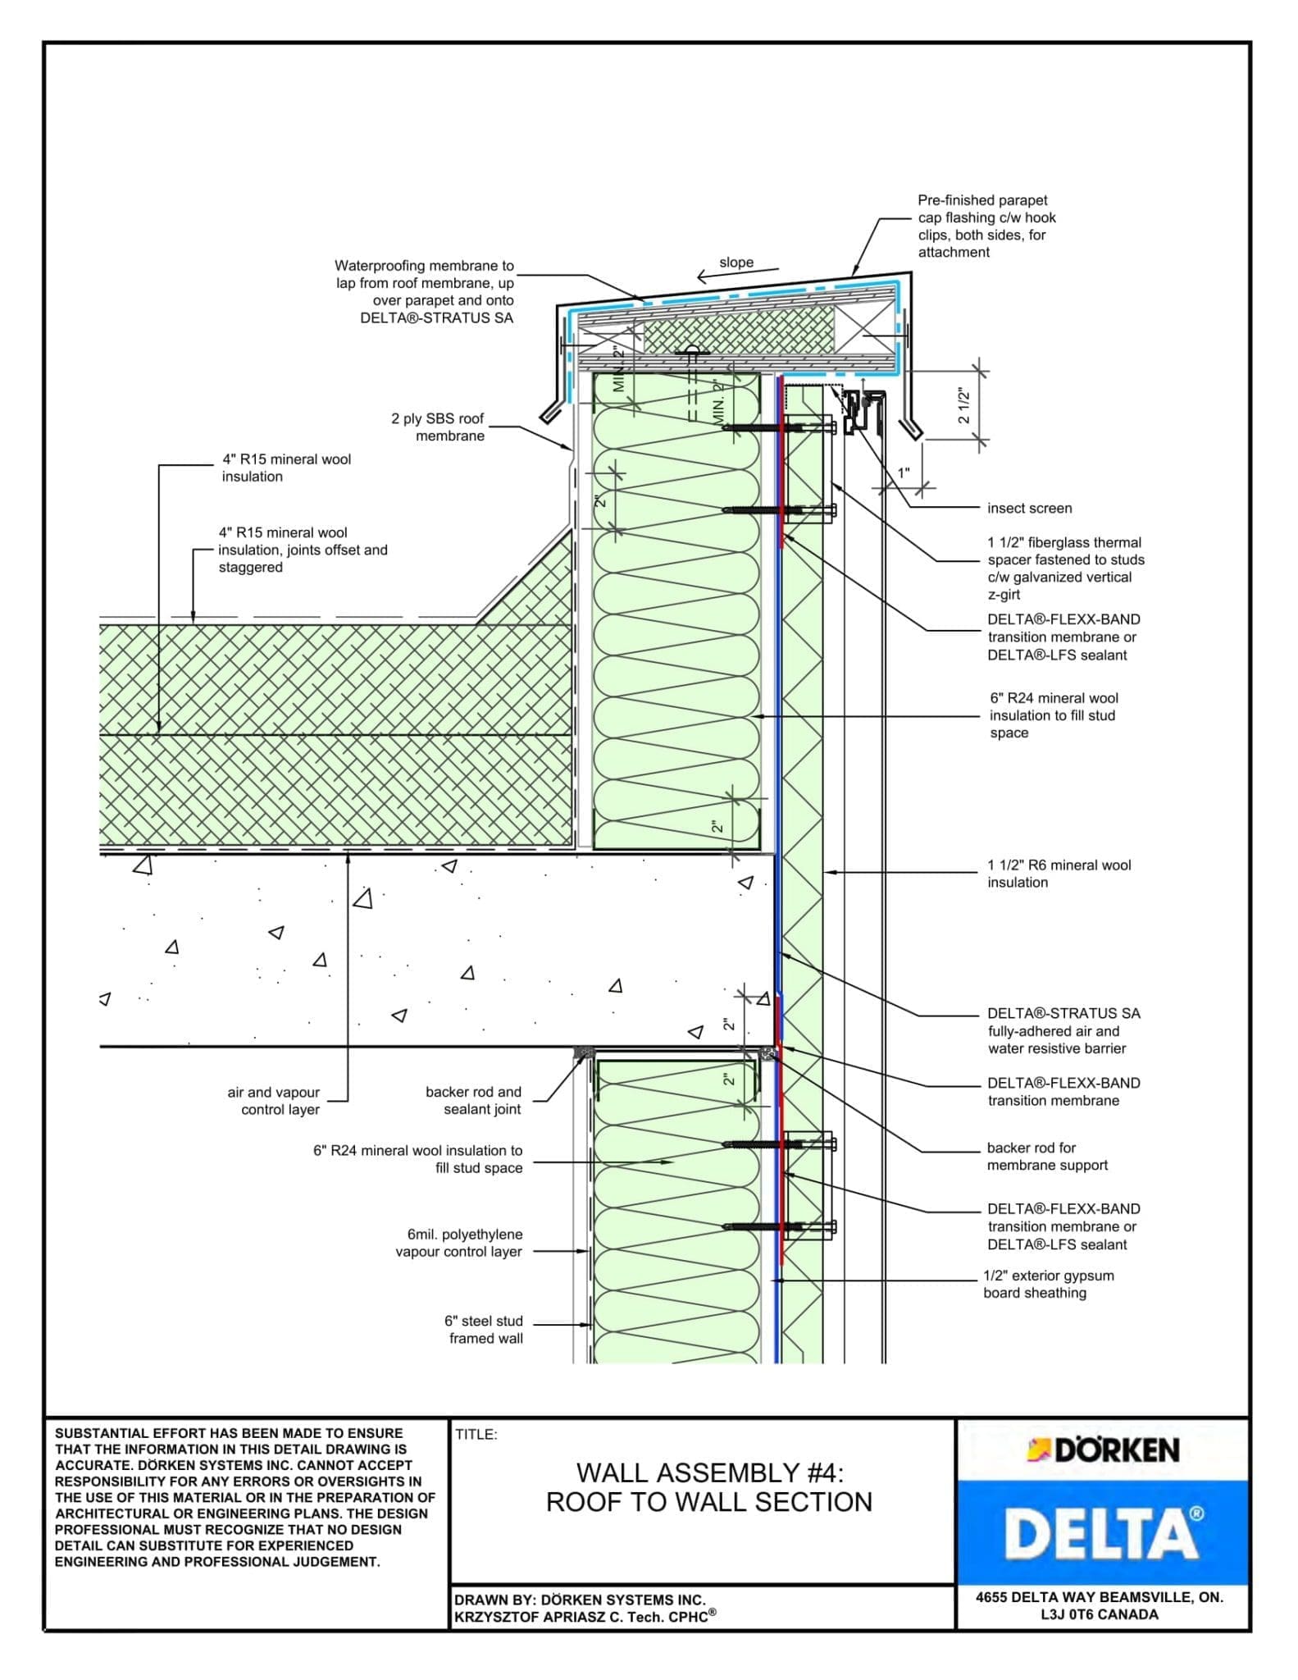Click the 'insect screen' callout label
[x=1029, y=509]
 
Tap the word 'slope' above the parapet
[x=736, y=262]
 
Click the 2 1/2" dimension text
[x=964, y=406]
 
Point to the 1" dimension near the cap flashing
[x=904, y=473]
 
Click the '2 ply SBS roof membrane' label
[x=438, y=427]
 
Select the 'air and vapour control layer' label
[x=274, y=1101]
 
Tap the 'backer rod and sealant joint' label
[x=473, y=1100]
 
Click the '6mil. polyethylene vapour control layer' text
[x=459, y=1243]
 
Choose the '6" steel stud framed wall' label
[x=484, y=1330]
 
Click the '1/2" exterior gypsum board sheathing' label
[x=1048, y=1285]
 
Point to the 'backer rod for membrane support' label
[x=1047, y=1157]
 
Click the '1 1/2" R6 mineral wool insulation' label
[x=1058, y=874]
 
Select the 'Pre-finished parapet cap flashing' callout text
[x=986, y=226]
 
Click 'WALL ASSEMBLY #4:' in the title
[x=709, y=1473]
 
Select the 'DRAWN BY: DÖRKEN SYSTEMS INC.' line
[x=580, y=1600]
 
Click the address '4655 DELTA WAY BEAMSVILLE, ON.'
[x=1099, y=1597]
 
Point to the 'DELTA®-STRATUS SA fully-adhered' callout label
[x=1063, y=1031]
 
